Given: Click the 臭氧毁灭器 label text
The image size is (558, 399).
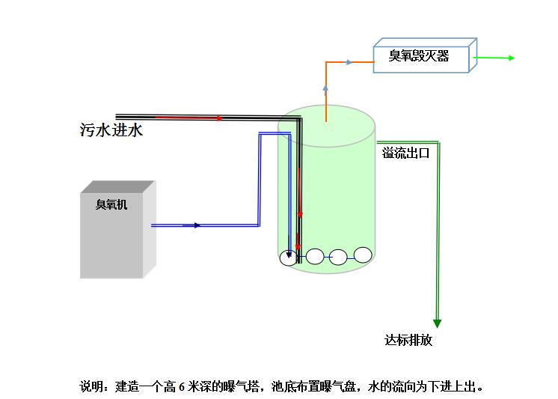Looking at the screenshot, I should pos(419,55).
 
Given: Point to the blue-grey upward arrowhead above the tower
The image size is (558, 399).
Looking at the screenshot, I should pos(325,88).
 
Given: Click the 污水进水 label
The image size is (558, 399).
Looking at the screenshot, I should pos(111,130).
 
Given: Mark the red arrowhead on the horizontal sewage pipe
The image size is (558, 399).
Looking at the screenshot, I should pos(218,118).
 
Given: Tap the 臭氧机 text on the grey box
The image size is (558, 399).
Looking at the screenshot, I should pos(111,204).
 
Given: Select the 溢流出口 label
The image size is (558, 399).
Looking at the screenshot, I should pos(405,153).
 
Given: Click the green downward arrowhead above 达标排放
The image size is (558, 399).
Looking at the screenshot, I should pos(437,323).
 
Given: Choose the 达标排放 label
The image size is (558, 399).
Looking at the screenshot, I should pos(408,341).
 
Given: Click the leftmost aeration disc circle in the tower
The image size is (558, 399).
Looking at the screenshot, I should pos(289,258).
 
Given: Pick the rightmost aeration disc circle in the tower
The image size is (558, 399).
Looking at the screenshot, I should pos(363,255).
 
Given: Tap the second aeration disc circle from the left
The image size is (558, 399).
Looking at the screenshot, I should pos(315,257).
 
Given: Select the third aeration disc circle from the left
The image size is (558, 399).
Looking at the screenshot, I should pos(339,257).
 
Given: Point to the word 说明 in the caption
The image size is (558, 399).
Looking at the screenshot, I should pos(92,387).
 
